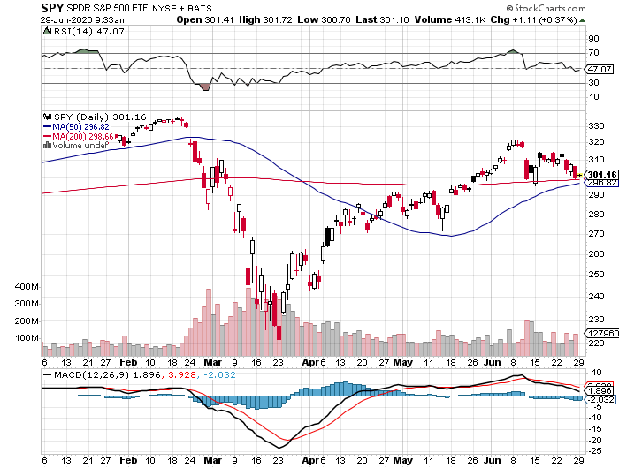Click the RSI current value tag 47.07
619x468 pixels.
tap(600, 69)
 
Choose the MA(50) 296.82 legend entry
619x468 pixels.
tap(82, 126)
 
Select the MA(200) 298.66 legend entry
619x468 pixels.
tap(85, 136)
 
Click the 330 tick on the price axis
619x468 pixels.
tap(596, 126)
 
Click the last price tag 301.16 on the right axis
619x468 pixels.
tap(601, 174)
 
